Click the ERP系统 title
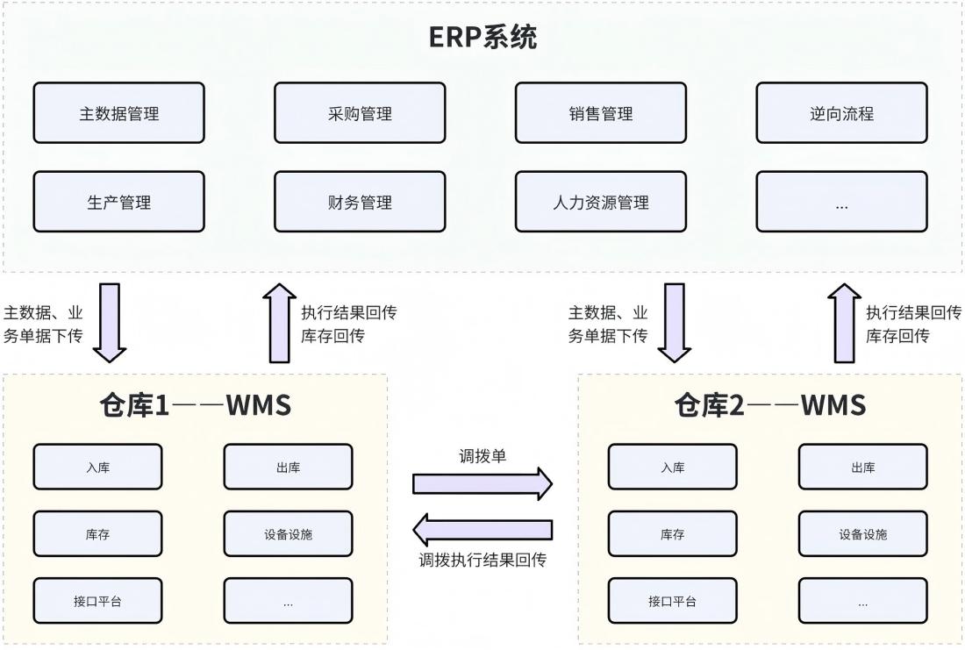coord(482,38)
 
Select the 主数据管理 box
coord(118,113)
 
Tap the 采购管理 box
coord(360,113)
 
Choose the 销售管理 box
coord(600,113)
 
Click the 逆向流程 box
coord(841,113)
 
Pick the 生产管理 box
coord(118,202)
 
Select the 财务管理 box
coord(360,202)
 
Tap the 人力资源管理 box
coord(600,202)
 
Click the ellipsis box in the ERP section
coord(841,202)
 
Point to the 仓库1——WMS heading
coord(195,405)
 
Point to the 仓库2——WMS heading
coord(769,405)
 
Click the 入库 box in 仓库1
coord(97,467)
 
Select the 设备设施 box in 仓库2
coord(862,533)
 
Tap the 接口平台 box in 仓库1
coord(97,601)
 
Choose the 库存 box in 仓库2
coord(672,533)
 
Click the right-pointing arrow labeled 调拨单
coord(482,483)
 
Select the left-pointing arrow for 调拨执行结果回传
coord(482,529)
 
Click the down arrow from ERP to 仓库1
coord(110,322)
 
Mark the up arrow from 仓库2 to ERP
coord(845,322)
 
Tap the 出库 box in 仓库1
coord(288,467)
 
